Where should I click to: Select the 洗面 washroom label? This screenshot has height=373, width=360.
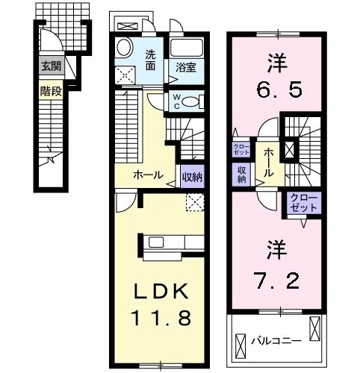click(150, 59)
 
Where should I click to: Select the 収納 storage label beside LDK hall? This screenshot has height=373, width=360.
click(190, 178)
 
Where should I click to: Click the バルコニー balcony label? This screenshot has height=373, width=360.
click(270, 342)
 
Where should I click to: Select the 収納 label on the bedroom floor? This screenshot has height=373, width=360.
click(242, 175)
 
